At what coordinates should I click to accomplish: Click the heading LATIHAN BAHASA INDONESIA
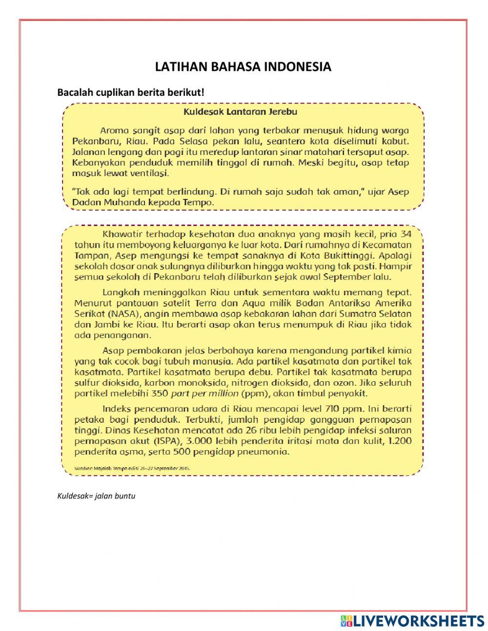pos(243,67)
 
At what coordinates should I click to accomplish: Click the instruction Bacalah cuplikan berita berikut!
pos(130,92)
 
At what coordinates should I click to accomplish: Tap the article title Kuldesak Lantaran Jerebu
pos(240,111)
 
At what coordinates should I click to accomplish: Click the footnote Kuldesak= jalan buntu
pos(96,496)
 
